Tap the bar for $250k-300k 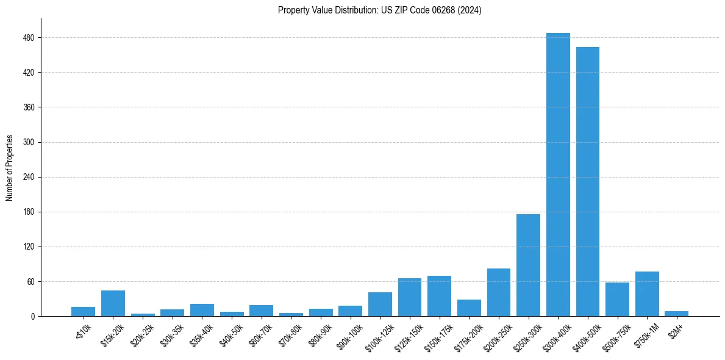coord(528,265)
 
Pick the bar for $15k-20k coord(113,303)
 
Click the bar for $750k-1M coord(647,294)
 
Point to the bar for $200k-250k coord(498,292)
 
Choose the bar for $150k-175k coord(439,296)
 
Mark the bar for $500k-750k coord(617,300)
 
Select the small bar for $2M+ coord(676,314)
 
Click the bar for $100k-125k coord(380,304)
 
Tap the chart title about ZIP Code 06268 coord(379,10)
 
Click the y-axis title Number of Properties coord(10,167)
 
